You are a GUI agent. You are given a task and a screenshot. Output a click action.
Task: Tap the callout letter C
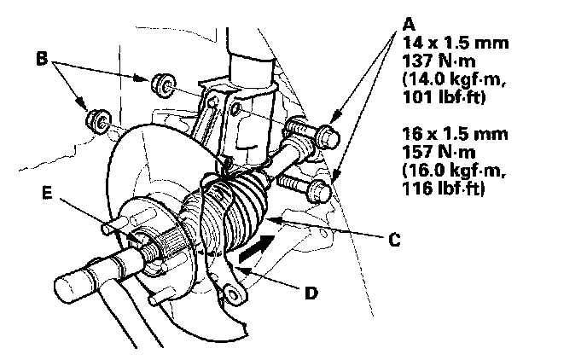[393, 241]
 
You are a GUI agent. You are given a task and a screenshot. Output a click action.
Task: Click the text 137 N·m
[435, 61]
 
